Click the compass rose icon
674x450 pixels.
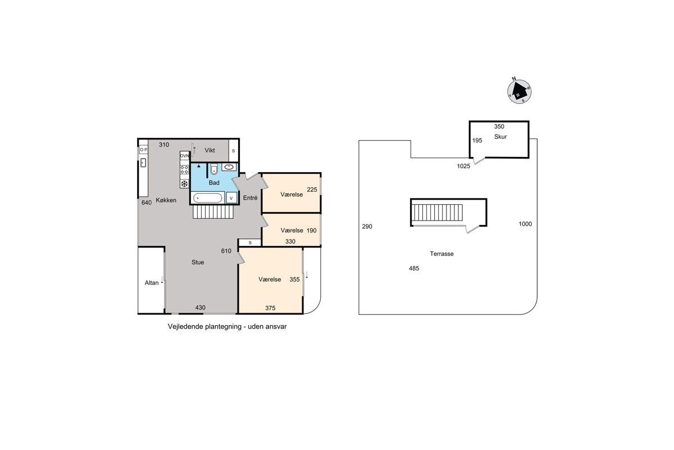click(x=519, y=91)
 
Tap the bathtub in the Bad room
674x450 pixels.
click(x=208, y=198)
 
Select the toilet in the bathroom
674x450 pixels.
click(x=213, y=169)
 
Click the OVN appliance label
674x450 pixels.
click(x=184, y=155)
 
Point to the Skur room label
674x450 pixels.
click(x=500, y=137)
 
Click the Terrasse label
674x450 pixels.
click(x=441, y=254)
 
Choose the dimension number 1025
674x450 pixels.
click(x=463, y=166)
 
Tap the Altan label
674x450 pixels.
click(x=151, y=283)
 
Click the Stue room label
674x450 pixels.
click(x=198, y=262)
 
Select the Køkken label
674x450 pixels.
click(x=166, y=200)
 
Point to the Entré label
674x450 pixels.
click(x=250, y=198)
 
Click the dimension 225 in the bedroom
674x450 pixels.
click(x=312, y=190)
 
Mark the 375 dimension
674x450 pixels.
click(x=270, y=308)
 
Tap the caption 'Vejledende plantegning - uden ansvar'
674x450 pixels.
click(x=227, y=326)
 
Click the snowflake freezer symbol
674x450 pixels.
click(x=184, y=183)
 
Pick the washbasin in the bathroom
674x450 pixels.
click(x=229, y=166)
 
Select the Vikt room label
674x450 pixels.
click(x=210, y=150)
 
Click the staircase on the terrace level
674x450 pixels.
click(x=437, y=213)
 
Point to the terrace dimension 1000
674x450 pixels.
click(x=525, y=224)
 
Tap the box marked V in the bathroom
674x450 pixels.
click(x=231, y=198)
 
